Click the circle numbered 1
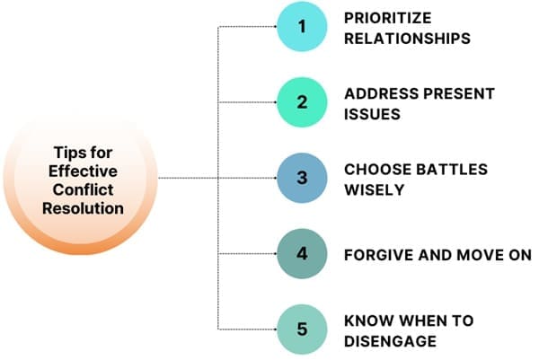pyautogui.click(x=302, y=28)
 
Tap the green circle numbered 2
pyautogui.click(x=302, y=102)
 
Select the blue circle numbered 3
pyautogui.click(x=302, y=178)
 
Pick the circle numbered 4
pyautogui.click(x=302, y=253)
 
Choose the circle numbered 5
pyautogui.click(x=302, y=329)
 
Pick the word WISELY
pyautogui.click(x=369, y=189)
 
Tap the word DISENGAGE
pyautogui.click(x=391, y=340)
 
